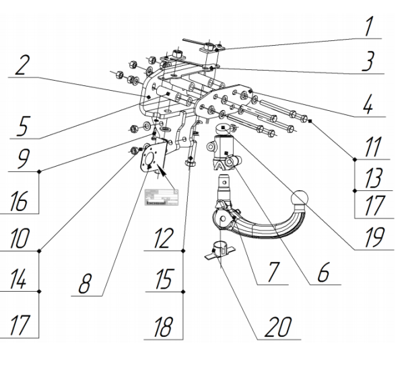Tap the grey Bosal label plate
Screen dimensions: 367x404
pos(162,196)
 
